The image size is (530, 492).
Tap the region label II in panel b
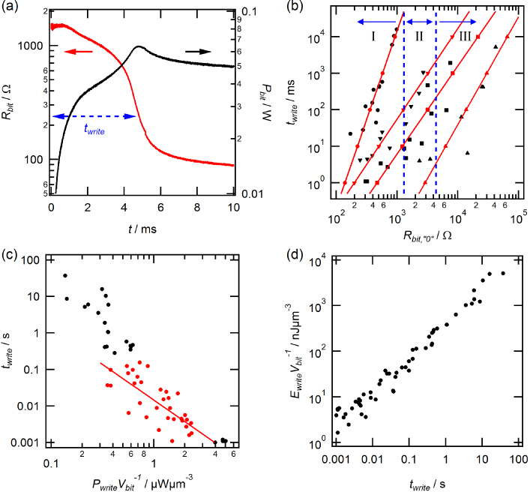click(420, 36)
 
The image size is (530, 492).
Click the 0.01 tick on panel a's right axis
click(253, 193)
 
